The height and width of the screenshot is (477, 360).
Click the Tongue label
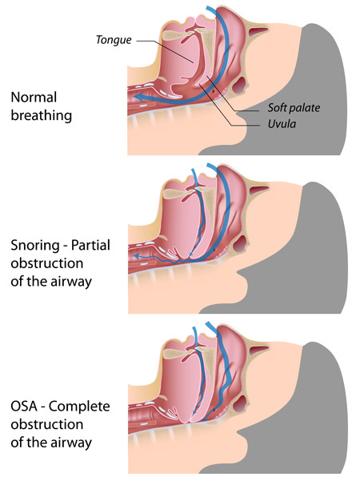pyautogui.click(x=114, y=40)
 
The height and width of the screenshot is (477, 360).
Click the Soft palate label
pyautogui.click(x=294, y=108)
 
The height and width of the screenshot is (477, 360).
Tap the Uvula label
pyautogui.click(x=282, y=124)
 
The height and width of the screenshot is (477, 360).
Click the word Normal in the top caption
pyautogui.click(x=34, y=98)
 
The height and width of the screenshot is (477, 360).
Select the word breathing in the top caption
pyautogui.click(x=42, y=115)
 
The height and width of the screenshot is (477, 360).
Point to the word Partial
pyautogui.click(x=90, y=245)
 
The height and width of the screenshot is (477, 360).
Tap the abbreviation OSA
pyautogui.click(x=25, y=406)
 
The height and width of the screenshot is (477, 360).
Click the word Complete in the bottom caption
pyautogui.click(x=79, y=406)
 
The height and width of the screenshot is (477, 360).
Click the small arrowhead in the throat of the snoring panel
pyautogui.click(x=137, y=256)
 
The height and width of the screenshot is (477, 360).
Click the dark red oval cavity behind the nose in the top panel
pyautogui.click(x=239, y=85)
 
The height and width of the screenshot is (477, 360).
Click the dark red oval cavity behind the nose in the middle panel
pyautogui.click(x=240, y=243)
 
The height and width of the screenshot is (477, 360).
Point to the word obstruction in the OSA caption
pyautogui.click(x=47, y=424)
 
